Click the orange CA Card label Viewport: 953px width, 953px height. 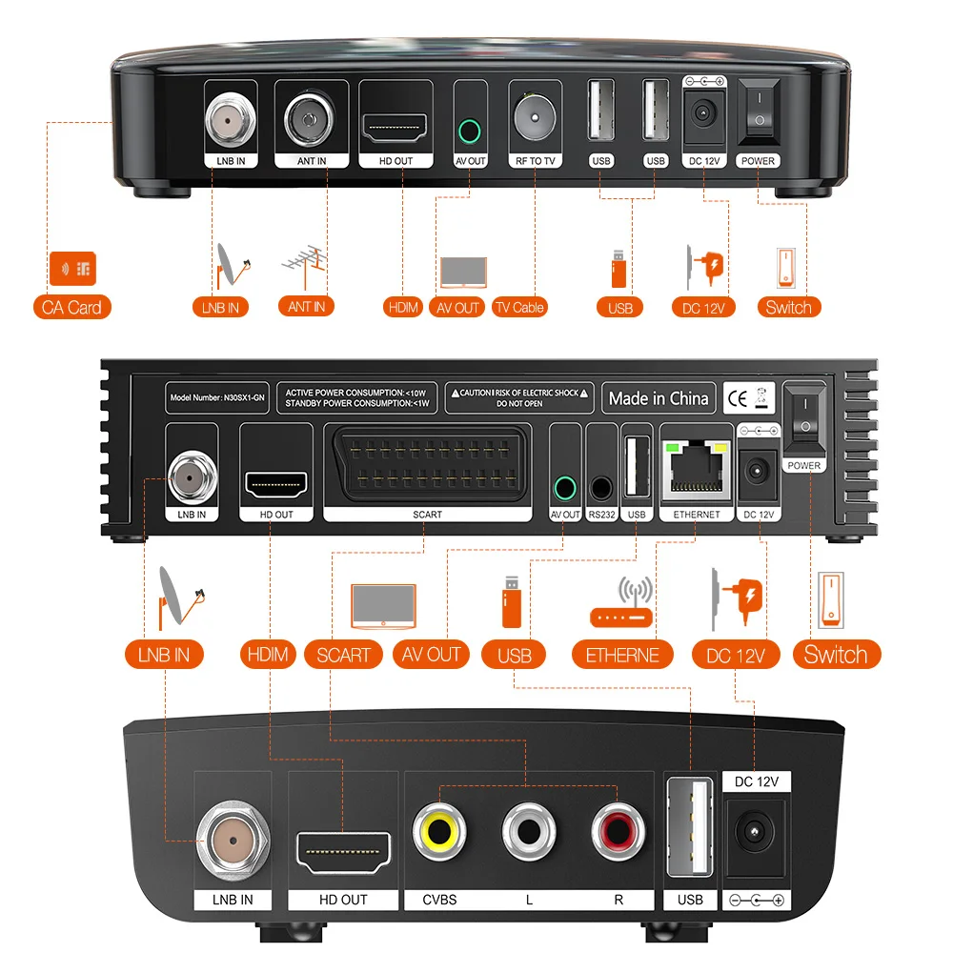coord(71,307)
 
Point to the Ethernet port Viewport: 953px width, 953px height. coord(697,469)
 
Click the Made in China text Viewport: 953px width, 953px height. coord(659,398)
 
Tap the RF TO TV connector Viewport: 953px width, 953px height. coord(535,117)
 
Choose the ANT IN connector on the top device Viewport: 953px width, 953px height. coord(312,118)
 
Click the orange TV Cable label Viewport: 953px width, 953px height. coord(518,307)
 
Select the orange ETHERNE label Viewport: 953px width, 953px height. coord(622,655)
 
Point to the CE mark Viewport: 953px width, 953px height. coord(737,396)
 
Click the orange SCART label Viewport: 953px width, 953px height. coord(343,655)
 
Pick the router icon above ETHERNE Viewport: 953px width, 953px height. coord(622,605)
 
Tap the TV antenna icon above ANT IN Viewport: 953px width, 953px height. coord(307,266)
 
